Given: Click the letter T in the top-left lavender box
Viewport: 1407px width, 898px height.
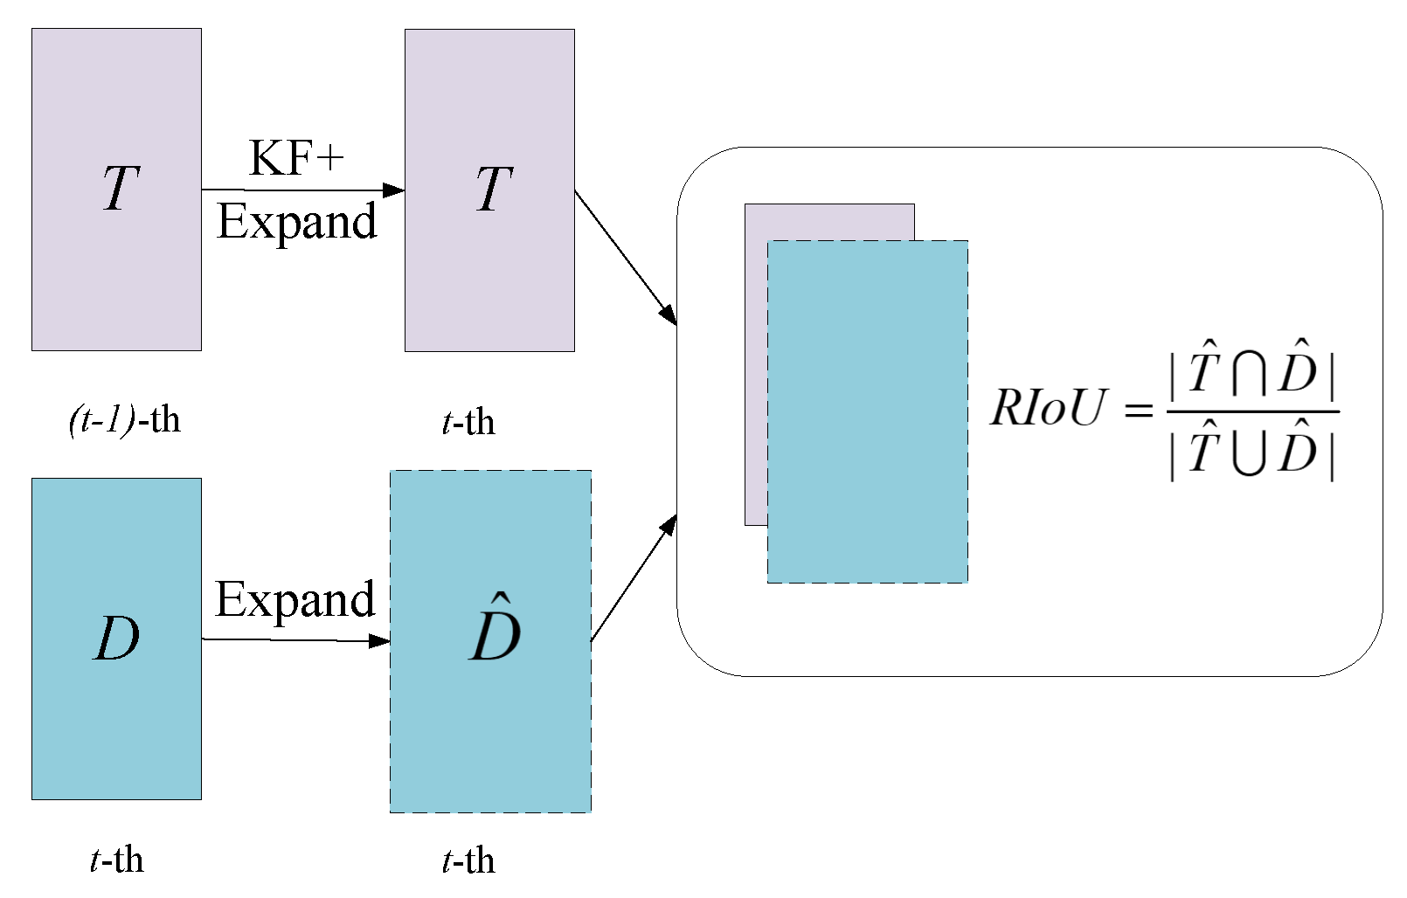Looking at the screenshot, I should (121, 189).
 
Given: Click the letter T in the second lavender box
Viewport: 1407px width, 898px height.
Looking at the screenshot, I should (494, 189).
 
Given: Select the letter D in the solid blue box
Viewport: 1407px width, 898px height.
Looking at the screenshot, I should (117, 639).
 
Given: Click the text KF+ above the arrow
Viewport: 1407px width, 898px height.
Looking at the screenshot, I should (296, 159).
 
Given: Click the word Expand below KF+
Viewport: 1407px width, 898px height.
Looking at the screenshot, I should (296, 222).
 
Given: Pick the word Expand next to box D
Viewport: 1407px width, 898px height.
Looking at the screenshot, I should (295, 601).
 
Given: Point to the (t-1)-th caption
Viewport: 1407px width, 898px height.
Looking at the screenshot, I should (124, 421).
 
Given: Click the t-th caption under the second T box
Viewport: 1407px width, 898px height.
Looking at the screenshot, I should (468, 423).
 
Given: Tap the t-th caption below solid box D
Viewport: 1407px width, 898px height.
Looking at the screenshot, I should (116, 860).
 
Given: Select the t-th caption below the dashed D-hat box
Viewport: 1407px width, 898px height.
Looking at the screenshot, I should (468, 861).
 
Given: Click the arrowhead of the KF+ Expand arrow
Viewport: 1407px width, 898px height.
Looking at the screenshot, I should (395, 190).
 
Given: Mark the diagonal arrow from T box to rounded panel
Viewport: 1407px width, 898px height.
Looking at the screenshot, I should (625, 256).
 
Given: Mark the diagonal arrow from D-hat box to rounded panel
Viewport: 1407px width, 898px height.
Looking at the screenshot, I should (633, 580).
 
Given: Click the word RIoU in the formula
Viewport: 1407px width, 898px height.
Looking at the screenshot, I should (1049, 408).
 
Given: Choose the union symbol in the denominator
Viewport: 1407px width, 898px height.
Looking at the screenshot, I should (1248, 454).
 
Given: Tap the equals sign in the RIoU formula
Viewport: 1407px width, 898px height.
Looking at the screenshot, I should (1138, 410).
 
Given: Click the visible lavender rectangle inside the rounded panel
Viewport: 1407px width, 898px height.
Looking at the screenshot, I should (755, 367).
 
